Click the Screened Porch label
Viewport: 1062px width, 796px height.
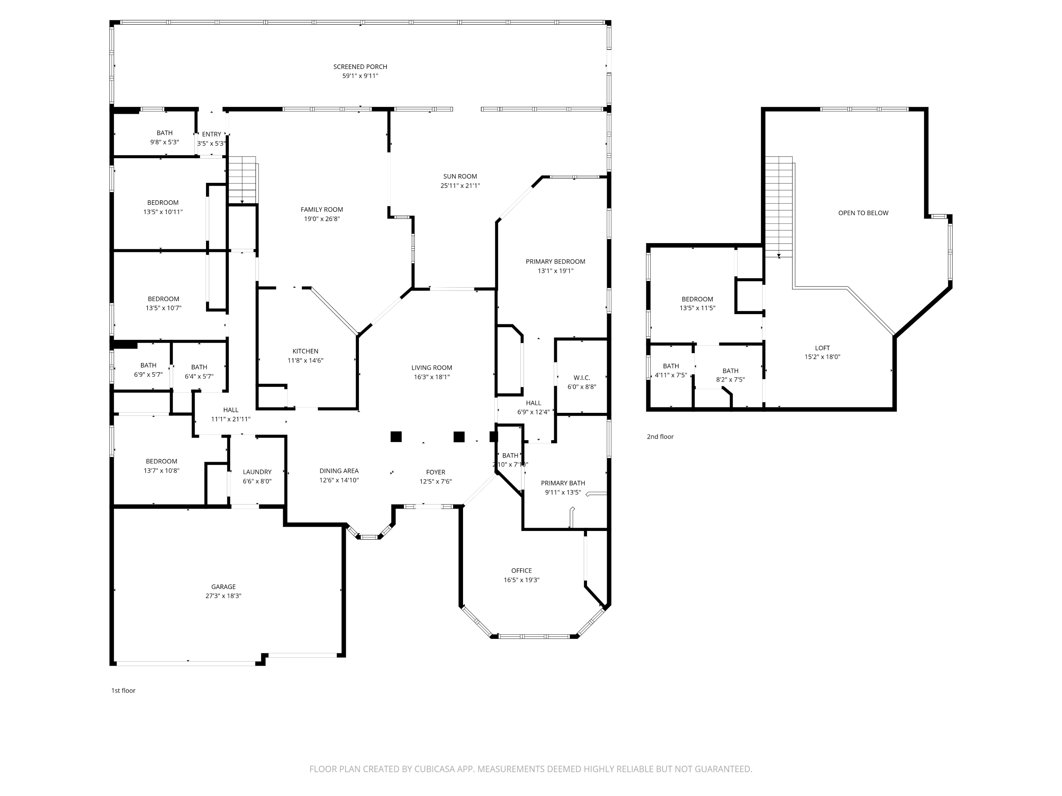pyautogui.click(x=360, y=67)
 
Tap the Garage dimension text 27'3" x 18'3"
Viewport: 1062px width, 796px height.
pyautogui.click(x=223, y=596)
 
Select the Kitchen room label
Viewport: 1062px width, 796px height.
pyautogui.click(x=306, y=351)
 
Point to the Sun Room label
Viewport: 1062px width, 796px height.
pyautogui.click(x=460, y=176)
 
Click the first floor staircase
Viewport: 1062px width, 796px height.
pyautogui.click(x=242, y=180)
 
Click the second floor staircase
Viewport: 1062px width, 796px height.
pyautogui.click(x=778, y=206)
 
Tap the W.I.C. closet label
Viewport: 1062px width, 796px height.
pyautogui.click(x=581, y=377)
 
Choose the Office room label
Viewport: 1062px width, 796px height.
pyautogui.click(x=521, y=571)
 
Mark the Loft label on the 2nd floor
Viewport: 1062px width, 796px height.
pyautogui.click(x=822, y=348)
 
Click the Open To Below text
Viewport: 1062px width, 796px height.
pyautogui.click(x=863, y=213)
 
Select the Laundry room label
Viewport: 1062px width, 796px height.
pyautogui.click(x=257, y=472)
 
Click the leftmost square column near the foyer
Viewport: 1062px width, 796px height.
pyautogui.click(x=396, y=437)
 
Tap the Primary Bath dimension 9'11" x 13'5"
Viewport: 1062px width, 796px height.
pyautogui.click(x=563, y=492)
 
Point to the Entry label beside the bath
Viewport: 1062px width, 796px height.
pyautogui.click(x=211, y=134)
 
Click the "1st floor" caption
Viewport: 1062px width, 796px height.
pyautogui.click(x=124, y=691)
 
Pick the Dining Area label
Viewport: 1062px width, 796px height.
pyautogui.click(x=339, y=471)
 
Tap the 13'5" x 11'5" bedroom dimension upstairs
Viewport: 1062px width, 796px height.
pyautogui.click(x=697, y=308)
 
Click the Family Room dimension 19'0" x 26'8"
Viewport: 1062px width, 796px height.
pyautogui.click(x=322, y=219)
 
